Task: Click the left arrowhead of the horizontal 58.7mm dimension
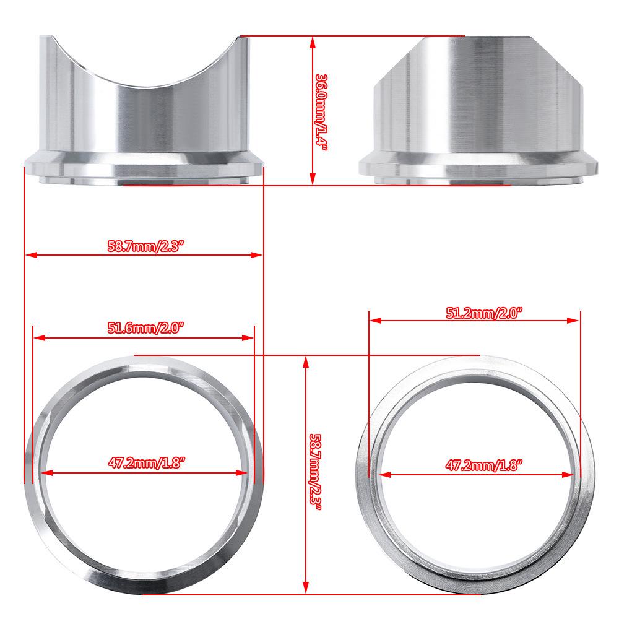pyautogui.click(x=29, y=254)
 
